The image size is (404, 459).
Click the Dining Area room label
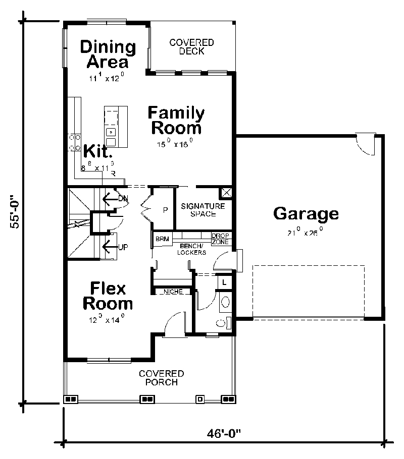click(x=108, y=54)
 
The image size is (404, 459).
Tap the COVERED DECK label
click(x=191, y=47)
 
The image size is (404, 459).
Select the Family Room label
click(x=176, y=120)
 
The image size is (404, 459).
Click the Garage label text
click(x=306, y=213)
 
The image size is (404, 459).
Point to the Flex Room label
click(x=108, y=296)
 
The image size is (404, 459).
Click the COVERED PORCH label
click(x=161, y=378)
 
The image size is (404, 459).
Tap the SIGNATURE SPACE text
click(x=198, y=210)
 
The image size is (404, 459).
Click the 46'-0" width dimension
click(x=224, y=433)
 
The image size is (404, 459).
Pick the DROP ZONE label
click(x=221, y=239)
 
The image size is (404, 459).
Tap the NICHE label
click(x=173, y=292)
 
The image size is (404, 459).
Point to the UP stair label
click(x=122, y=247)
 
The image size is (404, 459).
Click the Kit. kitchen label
click(x=97, y=151)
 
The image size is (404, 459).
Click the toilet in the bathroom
click(x=226, y=302)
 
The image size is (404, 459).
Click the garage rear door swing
click(x=365, y=145)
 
